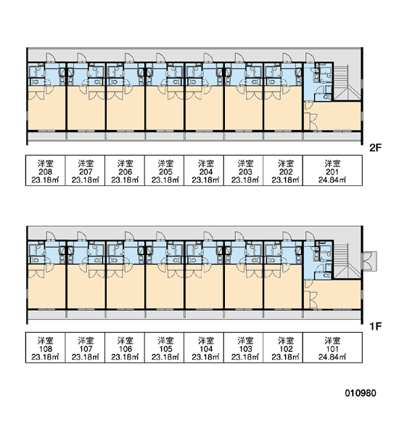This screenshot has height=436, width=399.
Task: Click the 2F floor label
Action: (375, 148)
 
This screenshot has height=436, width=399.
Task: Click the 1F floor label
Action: (375, 326)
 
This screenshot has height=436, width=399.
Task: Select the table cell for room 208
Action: (45, 171)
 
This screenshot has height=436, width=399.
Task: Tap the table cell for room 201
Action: (332, 171)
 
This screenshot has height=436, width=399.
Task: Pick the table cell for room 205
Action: (164, 171)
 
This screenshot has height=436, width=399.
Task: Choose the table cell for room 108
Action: (45, 347)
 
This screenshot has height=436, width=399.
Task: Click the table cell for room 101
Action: (332, 347)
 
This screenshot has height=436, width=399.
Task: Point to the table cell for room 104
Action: (204, 347)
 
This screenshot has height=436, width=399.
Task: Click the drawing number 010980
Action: (361, 393)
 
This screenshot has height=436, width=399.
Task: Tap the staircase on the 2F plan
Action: (347, 83)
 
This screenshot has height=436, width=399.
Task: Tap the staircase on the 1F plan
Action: (347, 261)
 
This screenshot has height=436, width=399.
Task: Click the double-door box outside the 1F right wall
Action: (369, 261)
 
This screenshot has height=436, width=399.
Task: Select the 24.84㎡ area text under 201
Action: (332, 180)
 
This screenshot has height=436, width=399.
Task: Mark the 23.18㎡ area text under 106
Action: (125, 357)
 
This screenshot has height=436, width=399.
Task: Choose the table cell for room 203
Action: (244, 171)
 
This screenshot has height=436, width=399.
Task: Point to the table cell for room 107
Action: (85, 347)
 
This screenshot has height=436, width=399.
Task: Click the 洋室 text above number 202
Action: (286, 163)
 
